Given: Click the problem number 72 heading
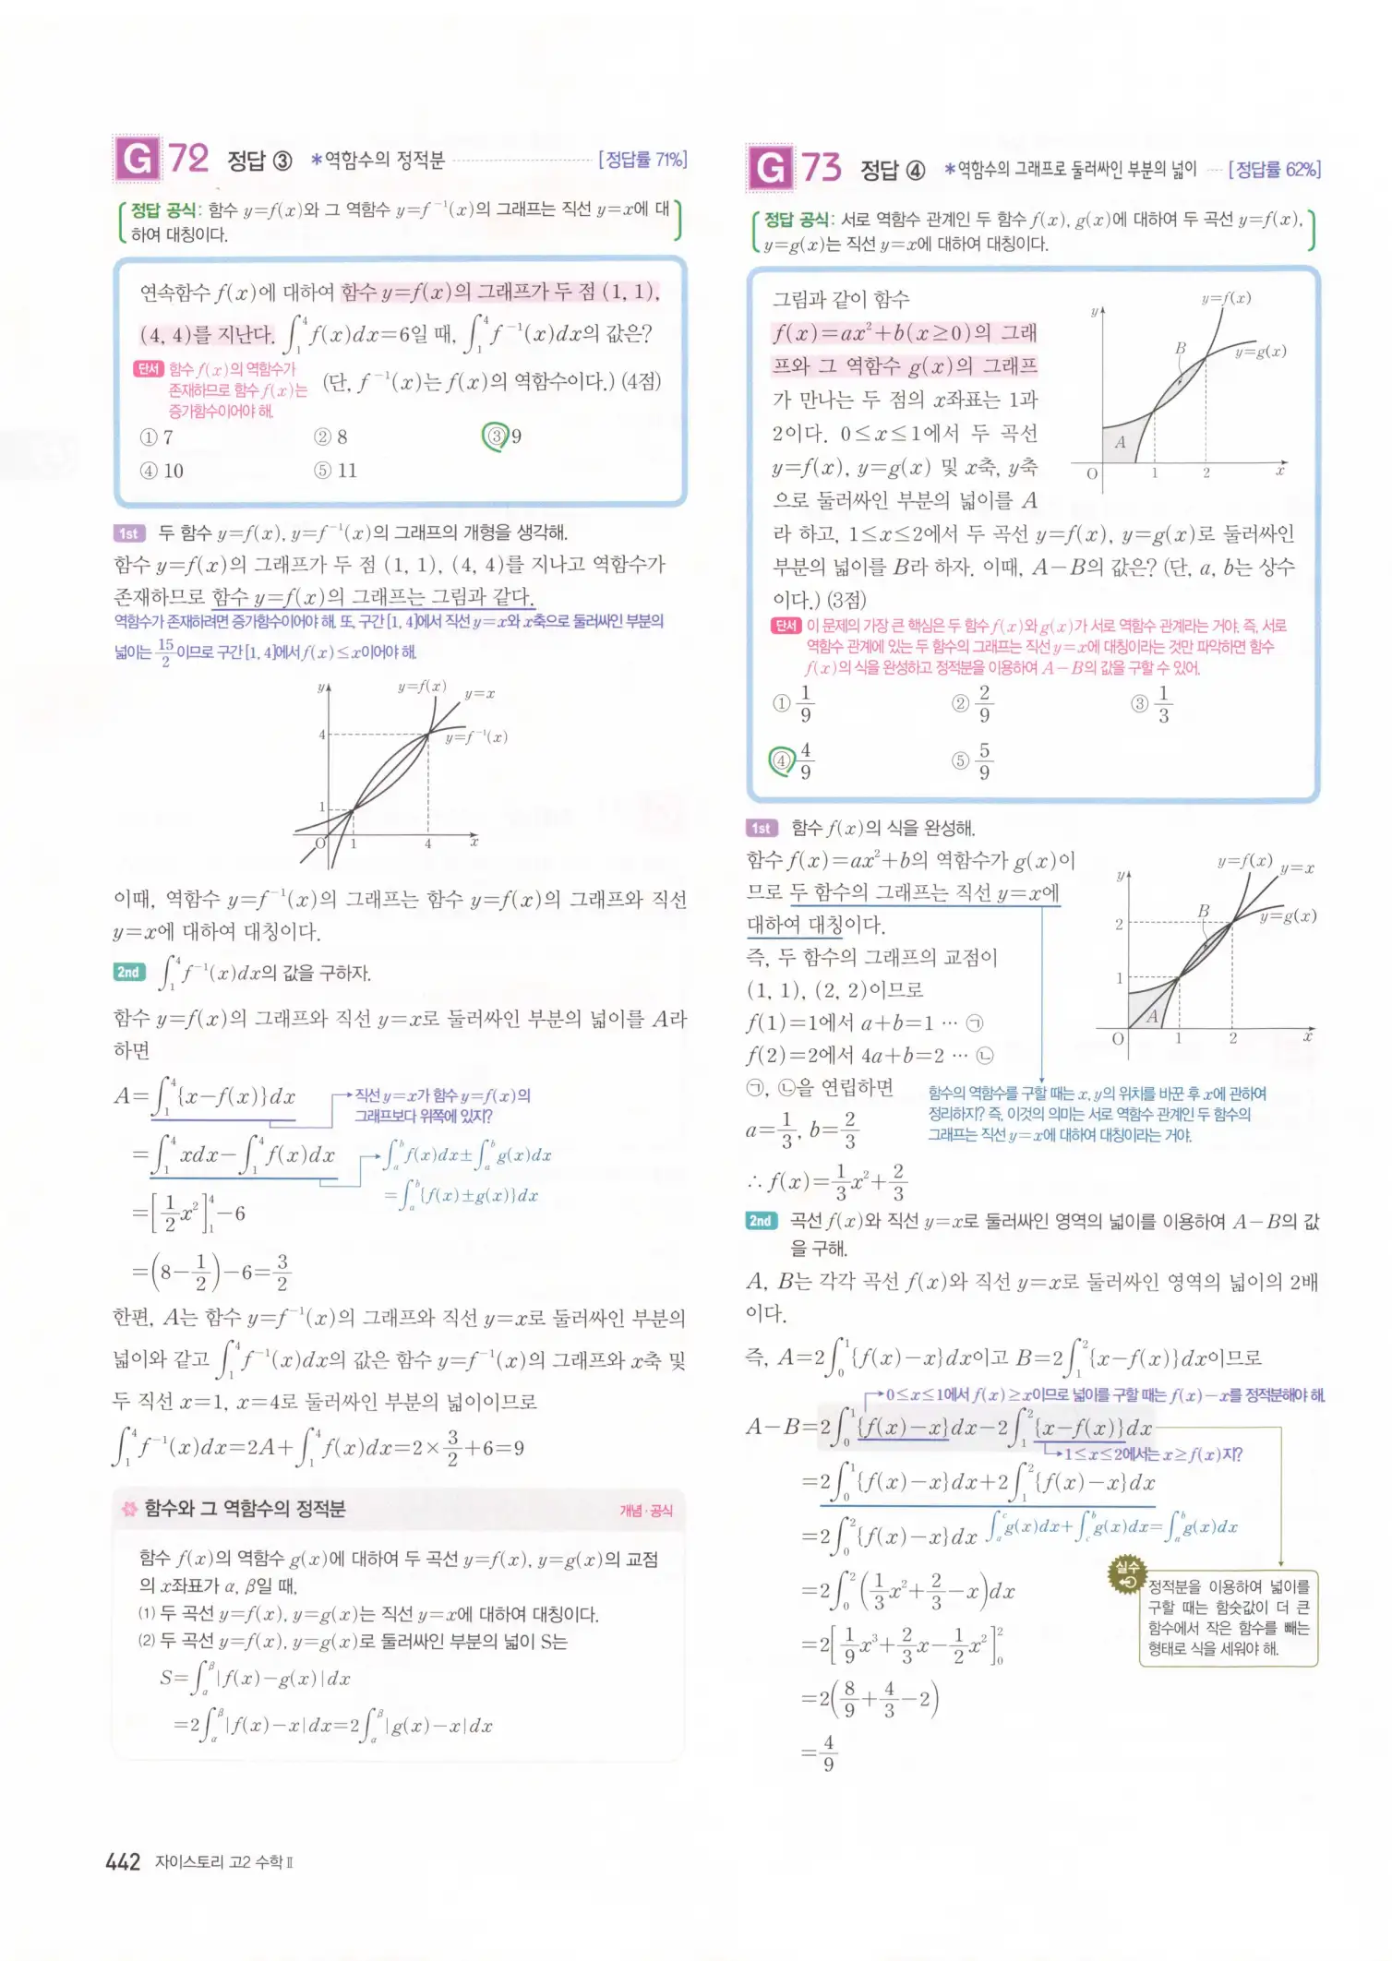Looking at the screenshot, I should pyautogui.click(x=187, y=159).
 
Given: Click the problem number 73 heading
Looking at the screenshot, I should pyautogui.click(x=821, y=168).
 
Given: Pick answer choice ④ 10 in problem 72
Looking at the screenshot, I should pyautogui.click(x=162, y=471).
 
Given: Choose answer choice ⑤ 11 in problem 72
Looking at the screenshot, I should pyautogui.click(x=334, y=471).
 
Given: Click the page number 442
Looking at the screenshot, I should pyautogui.click(x=123, y=1861).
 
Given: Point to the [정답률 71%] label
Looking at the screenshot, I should pyautogui.click(x=642, y=160).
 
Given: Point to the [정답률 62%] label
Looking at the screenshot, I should pyautogui.click(x=1274, y=169).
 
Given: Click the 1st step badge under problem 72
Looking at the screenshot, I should pyautogui.click(x=128, y=533).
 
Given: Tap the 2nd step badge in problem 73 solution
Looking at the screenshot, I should pyautogui.click(x=761, y=1221).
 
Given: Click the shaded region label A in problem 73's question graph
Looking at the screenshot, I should pyautogui.click(x=1120, y=442).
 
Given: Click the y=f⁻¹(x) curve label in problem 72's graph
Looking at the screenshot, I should pyautogui.click(x=475, y=736).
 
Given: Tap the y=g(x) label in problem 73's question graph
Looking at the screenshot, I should pyautogui.click(x=1260, y=352).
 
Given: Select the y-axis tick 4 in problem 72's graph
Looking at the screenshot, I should pyautogui.click(x=322, y=735).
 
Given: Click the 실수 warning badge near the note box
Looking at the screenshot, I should pyautogui.click(x=1127, y=1574).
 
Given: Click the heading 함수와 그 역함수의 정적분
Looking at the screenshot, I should pyautogui.click(x=245, y=1509).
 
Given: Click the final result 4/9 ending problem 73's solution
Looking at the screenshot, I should pyautogui.click(x=828, y=1752).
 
